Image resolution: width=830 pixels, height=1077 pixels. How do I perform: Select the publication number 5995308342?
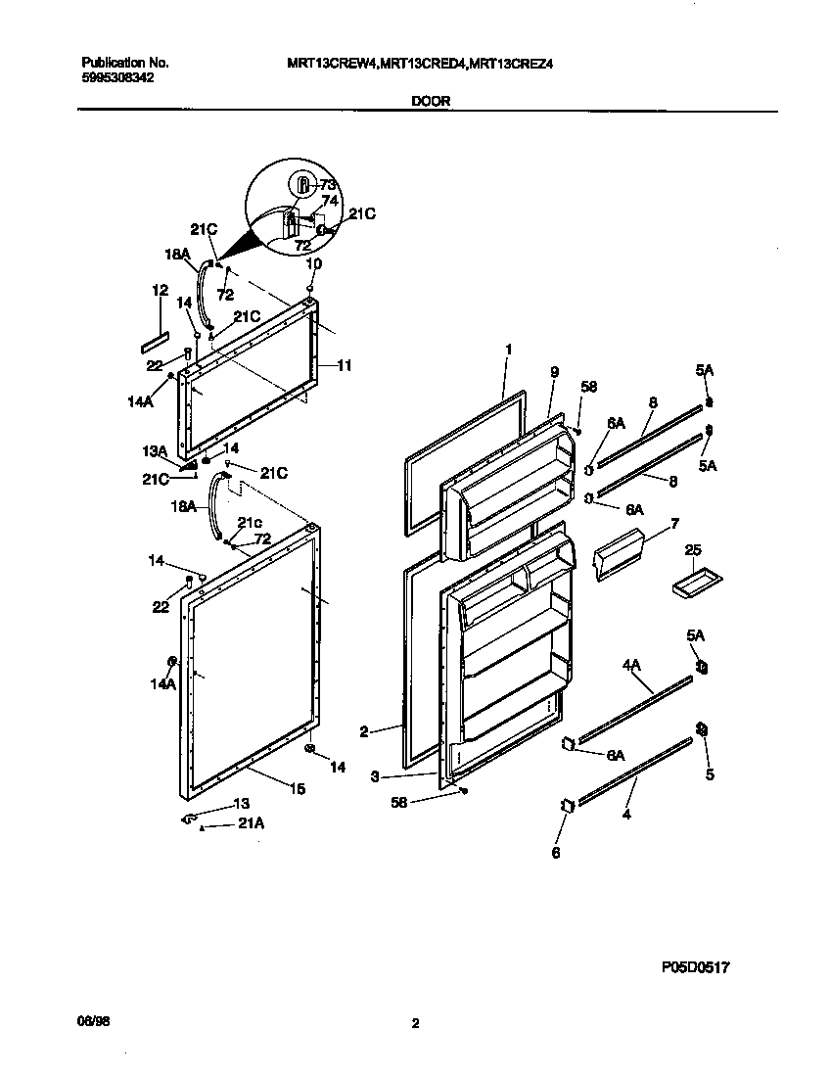[115, 77]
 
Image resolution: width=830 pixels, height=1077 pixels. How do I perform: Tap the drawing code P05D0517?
[694, 966]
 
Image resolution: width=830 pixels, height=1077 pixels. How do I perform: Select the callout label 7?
[673, 526]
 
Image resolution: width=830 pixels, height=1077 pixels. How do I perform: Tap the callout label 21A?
[251, 824]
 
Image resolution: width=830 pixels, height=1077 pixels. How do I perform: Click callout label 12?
[160, 291]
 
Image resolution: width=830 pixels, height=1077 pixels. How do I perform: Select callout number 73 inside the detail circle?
[328, 184]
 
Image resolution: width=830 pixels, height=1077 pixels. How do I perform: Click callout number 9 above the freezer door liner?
[554, 372]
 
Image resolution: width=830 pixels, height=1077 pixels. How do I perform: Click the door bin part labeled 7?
[617, 554]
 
